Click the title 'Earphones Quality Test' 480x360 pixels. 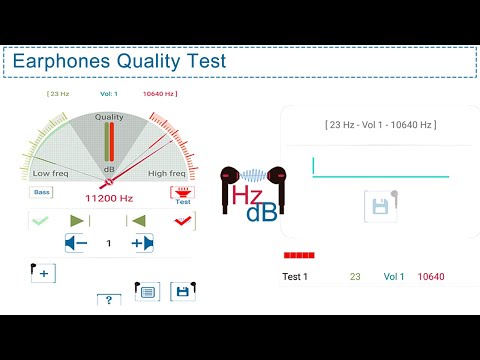[119, 62]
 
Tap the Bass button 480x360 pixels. [41, 191]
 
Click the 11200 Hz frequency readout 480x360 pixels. [108, 198]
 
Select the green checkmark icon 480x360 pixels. [40, 220]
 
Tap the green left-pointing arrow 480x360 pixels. [139, 220]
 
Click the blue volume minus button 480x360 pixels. [76, 243]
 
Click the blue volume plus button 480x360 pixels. [141, 243]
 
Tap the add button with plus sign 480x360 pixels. [43, 273]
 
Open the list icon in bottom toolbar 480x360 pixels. [146, 291]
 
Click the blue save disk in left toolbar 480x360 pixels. [182, 291]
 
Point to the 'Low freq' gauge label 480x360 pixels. [51, 173]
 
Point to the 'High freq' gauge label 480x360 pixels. [166, 173]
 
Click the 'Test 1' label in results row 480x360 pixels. [295, 277]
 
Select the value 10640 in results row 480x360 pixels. [431, 277]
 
